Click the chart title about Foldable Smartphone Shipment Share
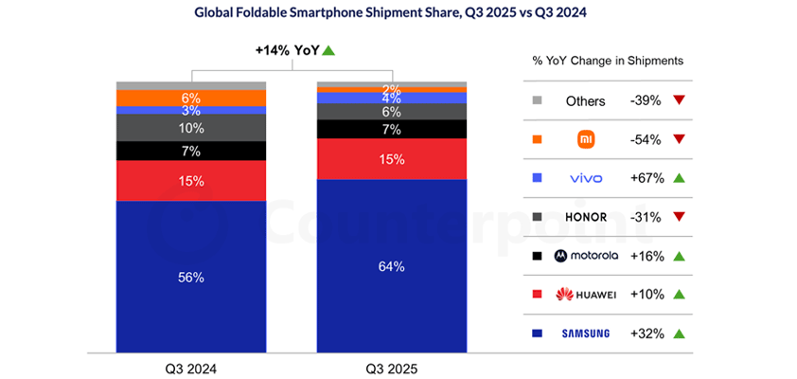[397, 13]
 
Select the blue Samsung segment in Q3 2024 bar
[191, 277]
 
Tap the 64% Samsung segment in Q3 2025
[391, 266]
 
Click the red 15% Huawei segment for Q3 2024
[191, 180]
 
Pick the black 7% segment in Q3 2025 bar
[391, 129]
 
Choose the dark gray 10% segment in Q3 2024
[191, 127]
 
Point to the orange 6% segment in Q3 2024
[191, 98]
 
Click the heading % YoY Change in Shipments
[608, 61]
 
